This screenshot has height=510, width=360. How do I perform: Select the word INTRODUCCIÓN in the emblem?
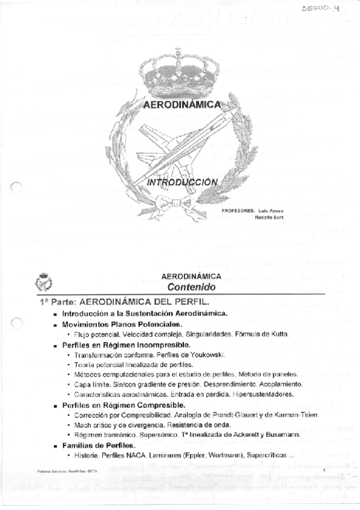click(183, 182)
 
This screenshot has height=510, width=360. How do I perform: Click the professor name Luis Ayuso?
click(270, 210)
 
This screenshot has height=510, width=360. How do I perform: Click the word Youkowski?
click(203, 355)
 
